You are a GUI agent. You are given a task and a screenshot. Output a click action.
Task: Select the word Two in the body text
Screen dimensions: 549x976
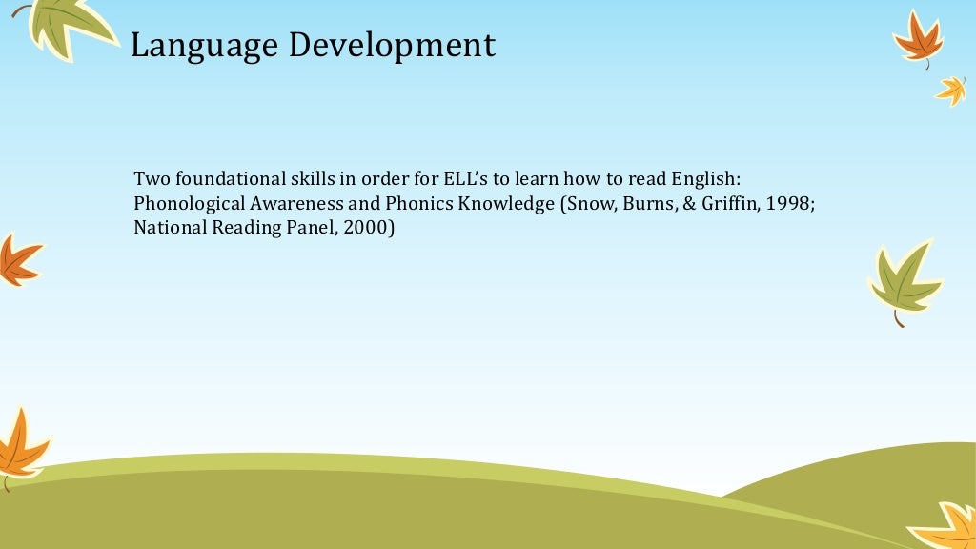[x=150, y=178]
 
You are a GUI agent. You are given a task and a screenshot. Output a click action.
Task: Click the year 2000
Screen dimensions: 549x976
[x=368, y=228]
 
